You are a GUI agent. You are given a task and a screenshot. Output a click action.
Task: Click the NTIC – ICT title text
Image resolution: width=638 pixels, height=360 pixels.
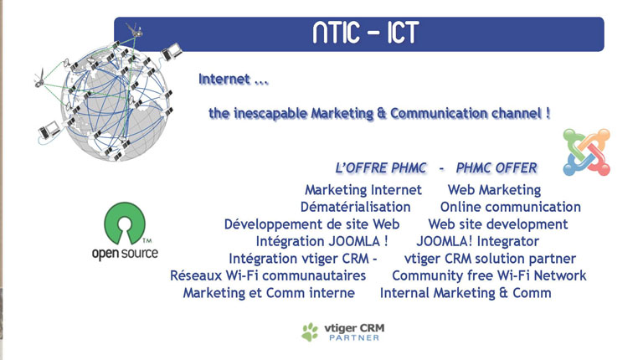click(x=366, y=32)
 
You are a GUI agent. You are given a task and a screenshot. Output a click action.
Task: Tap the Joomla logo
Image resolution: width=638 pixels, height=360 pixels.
click(x=586, y=152)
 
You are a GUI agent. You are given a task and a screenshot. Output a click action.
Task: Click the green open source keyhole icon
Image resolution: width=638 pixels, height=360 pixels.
click(x=125, y=224)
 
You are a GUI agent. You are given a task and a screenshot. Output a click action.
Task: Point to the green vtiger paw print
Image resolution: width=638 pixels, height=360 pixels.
click(x=310, y=332)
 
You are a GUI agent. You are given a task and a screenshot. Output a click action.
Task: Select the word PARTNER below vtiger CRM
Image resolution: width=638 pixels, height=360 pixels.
click(x=354, y=337)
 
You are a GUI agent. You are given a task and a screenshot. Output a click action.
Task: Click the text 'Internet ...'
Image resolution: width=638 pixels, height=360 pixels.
click(x=234, y=79)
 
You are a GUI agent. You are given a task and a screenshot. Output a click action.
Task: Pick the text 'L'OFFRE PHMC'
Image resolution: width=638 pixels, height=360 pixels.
click(x=381, y=168)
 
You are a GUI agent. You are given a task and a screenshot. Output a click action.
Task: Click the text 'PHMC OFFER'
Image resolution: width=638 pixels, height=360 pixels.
click(x=497, y=168)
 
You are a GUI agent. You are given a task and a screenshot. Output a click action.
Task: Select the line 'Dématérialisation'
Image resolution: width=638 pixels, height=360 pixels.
click(x=355, y=207)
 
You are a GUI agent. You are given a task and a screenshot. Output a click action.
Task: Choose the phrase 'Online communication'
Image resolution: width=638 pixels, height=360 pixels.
click(x=510, y=207)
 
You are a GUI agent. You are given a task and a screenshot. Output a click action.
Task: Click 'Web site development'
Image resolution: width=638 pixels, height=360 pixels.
click(x=497, y=224)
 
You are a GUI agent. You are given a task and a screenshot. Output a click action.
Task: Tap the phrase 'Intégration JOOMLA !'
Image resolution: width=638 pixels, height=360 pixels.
click(x=322, y=241)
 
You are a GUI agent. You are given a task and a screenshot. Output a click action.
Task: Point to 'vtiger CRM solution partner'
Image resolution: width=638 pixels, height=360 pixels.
click(x=490, y=259)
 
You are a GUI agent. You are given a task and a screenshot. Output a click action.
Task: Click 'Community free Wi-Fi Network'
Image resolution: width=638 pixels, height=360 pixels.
click(x=489, y=275)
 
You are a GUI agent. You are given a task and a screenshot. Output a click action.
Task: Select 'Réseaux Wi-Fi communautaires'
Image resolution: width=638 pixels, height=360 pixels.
click(x=268, y=275)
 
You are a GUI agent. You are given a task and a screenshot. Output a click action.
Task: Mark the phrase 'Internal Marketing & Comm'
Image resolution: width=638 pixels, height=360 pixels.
click(x=466, y=293)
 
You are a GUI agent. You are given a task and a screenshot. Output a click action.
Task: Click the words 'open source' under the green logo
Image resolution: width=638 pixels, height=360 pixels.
click(x=125, y=253)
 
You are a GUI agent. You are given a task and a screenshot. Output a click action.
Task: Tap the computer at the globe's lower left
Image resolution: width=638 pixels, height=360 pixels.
click(x=49, y=130)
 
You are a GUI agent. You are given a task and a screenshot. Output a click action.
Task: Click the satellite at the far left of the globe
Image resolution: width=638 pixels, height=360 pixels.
click(x=40, y=78)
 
